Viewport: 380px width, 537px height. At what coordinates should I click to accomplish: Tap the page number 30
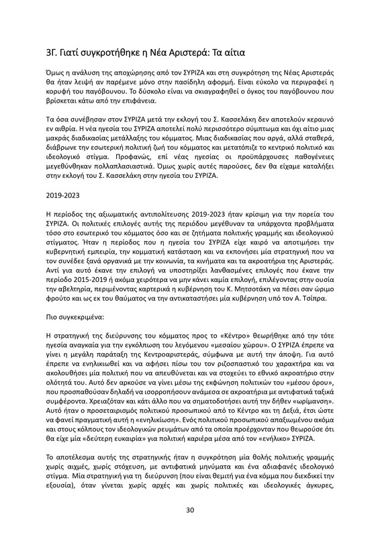[190, 510]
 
